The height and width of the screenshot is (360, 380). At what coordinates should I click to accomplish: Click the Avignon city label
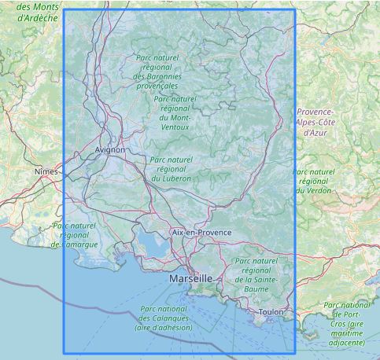point(109,149)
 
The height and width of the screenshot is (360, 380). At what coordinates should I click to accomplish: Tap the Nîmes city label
point(46,171)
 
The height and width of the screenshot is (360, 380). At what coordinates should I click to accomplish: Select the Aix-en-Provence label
point(201,233)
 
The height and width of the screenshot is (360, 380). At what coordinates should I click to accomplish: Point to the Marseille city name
point(190,278)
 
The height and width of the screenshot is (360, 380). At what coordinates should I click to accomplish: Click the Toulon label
point(271,312)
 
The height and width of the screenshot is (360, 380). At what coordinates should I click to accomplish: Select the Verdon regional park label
point(313,182)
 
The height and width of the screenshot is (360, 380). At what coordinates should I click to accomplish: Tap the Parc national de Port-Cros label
point(348,321)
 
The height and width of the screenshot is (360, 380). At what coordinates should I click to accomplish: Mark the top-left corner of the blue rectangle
point(63,9)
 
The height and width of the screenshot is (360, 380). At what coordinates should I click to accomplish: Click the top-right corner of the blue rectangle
point(295,9)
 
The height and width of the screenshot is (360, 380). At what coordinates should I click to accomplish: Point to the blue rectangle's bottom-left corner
point(63,353)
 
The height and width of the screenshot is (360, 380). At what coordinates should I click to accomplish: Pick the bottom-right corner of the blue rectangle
point(295,353)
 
